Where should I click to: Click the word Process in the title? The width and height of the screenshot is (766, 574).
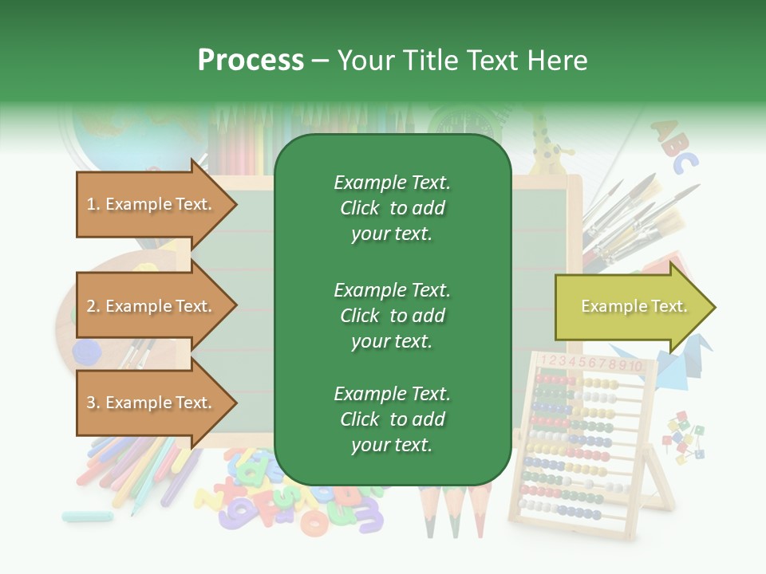point(251,61)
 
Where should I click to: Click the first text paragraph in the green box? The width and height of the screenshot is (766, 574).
point(392,208)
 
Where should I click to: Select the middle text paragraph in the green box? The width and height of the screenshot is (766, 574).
point(392,316)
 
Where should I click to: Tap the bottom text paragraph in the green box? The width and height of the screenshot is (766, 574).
point(392,419)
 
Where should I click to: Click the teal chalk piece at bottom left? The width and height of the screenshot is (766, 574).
point(87,516)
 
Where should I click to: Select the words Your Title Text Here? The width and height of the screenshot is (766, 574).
point(462,61)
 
